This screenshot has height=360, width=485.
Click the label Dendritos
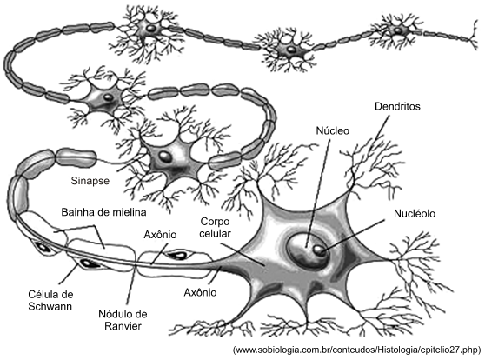pyautogui.click(x=397, y=106)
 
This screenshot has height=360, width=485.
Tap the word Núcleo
pyautogui.click(x=333, y=130)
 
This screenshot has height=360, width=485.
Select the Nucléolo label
pyautogui.click(x=415, y=214)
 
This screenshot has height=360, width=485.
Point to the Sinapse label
pyautogui.click(x=90, y=181)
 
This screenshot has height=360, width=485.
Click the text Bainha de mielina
pyautogui.click(x=103, y=212)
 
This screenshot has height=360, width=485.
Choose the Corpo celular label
pyautogui.click(x=215, y=227)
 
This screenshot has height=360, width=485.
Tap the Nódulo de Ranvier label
pyautogui.click(x=123, y=320)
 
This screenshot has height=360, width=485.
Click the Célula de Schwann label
pyautogui.click(x=50, y=300)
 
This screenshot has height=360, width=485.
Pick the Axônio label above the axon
pyautogui.click(x=160, y=235)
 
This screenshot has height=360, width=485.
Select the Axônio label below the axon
pyautogui.click(x=200, y=292)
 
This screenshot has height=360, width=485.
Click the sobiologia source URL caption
pyautogui.click(x=357, y=350)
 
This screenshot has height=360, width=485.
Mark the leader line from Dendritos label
pyautogui.click(x=382, y=126)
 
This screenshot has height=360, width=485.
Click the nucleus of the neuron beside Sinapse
pyautogui.click(x=164, y=157)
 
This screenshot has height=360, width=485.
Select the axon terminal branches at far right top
pyautogui.click(x=473, y=35)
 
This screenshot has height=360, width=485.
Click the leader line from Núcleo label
pyautogui.click(x=317, y=193)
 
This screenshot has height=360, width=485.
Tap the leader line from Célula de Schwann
pyautogui.click(x=69, y=273)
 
